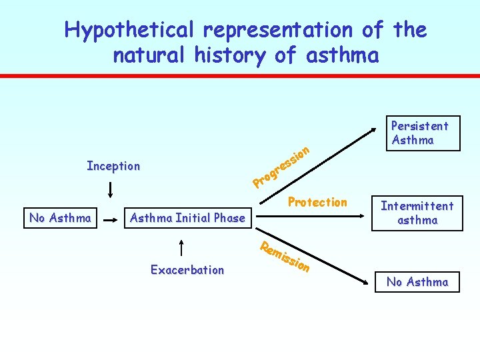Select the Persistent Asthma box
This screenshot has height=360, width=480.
tap(420, 133)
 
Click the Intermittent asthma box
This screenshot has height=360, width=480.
tap(417, 213)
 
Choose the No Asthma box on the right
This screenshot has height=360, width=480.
tap(417, 282)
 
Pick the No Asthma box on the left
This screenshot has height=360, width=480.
tap(60, 217)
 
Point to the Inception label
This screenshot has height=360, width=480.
tap(113, 166)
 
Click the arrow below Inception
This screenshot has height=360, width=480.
tap(110, 189)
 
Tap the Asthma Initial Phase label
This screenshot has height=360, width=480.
tap(187, 217)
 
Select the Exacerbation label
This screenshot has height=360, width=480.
tap(187, 270)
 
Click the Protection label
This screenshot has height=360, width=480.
tap(317, 202)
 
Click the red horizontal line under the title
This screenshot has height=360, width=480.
tap(240, 76)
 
